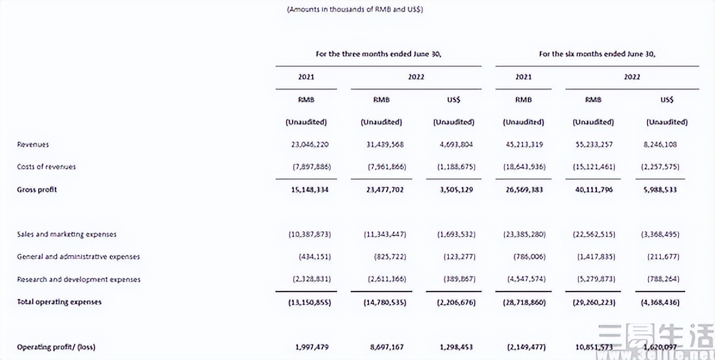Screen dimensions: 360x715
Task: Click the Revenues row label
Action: pos(33,145)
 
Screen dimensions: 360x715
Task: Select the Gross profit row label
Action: pos(36,190)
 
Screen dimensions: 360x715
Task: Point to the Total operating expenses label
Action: pos(59,302)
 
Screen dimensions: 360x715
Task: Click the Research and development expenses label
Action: pos(78,280)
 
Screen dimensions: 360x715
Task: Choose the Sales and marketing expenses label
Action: pos(67,235)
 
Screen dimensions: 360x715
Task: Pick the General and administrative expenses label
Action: pos(78,257)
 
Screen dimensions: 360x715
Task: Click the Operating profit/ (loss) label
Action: pos(56,347)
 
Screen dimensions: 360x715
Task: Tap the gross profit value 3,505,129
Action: pos(453,190)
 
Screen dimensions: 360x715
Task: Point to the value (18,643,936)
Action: pos(523,167)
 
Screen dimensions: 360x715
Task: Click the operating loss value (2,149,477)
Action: pos(523,347)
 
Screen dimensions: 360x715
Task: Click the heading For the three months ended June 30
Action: pos(378,54)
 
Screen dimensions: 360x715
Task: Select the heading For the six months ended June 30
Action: pos(597,54)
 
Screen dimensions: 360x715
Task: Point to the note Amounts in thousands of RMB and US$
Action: pos(355,10)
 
